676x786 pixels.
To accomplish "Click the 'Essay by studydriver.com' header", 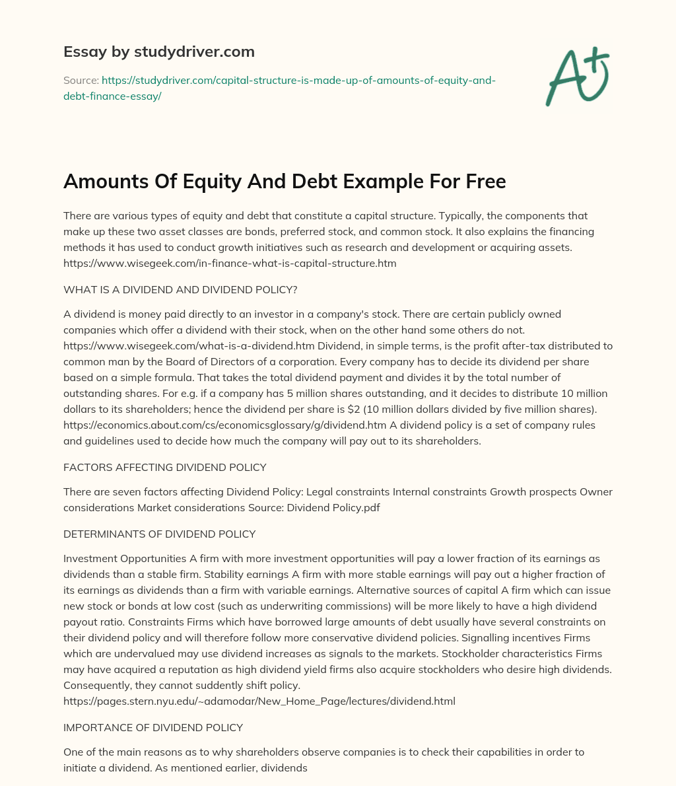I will click(159, 52).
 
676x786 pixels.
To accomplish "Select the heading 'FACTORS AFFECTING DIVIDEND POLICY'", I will click(165, 467).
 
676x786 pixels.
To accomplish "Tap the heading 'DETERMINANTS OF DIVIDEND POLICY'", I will click(159, 534).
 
